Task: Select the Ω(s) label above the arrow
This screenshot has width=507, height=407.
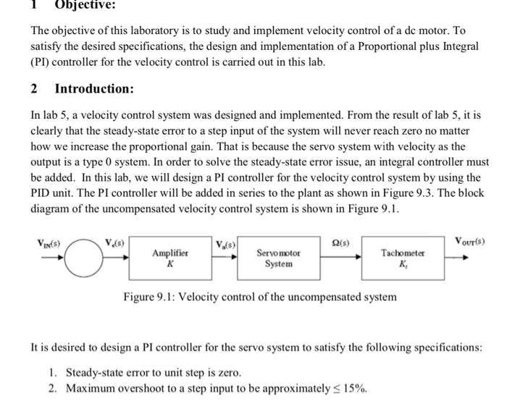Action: tap(335, 241)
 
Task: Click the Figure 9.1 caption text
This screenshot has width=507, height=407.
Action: tap(259, 297)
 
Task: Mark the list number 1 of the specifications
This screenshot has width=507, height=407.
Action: tap(54, 372)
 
